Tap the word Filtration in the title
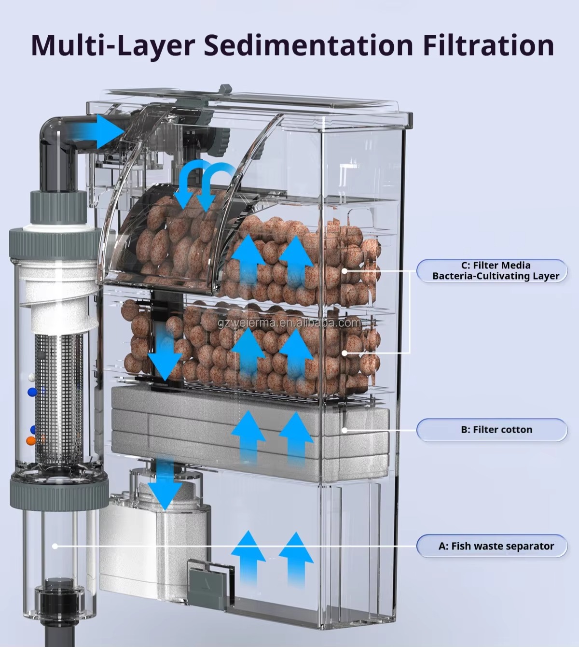coord(488,45)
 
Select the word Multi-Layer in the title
coord(112,45)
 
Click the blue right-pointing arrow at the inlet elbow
coord(109,130)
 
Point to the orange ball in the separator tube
coord(31,440)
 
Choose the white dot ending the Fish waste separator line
coord(55,546)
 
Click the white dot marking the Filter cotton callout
coord(345,430)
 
